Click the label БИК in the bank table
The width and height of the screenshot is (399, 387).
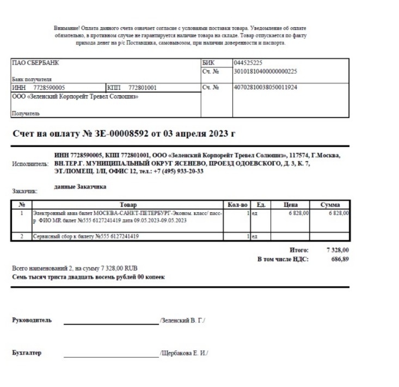coord(208,63)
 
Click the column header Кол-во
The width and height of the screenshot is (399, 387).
coord(238,204)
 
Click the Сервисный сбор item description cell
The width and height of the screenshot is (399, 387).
coord(87,237)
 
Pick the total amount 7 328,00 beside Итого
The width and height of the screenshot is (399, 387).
coord(337,250)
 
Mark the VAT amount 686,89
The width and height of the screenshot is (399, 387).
coord(340,259)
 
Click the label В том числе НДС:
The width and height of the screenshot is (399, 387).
coord(283,259)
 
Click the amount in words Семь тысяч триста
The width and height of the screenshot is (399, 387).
coord(88,277)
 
